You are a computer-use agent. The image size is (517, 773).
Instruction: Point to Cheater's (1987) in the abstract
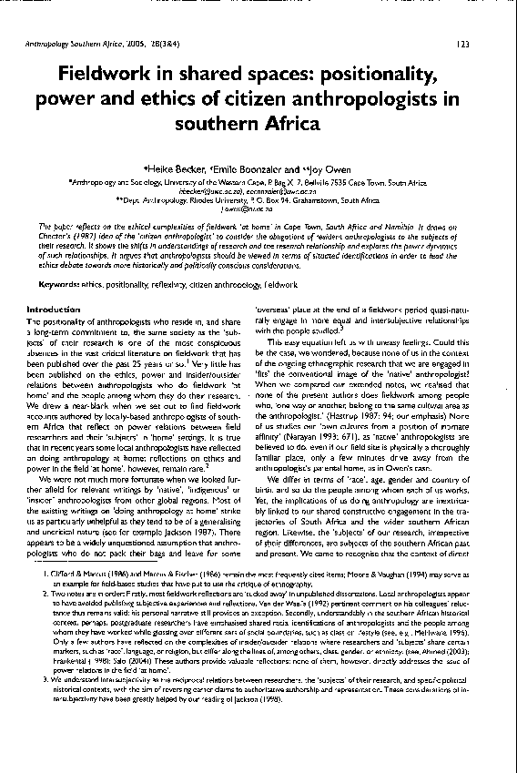pyautogui.click(x=62, y=233)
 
